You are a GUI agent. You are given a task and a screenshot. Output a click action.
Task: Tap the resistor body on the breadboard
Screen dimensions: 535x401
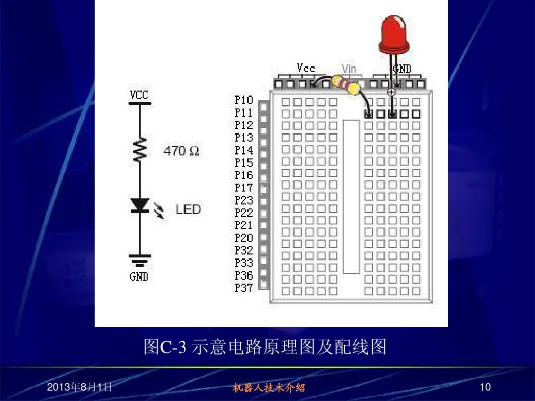(x=345, y=84)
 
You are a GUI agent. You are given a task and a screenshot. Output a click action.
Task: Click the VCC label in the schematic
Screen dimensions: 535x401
(x=139, y=95)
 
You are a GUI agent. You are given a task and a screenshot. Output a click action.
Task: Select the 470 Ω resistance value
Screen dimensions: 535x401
(x=181, y=151)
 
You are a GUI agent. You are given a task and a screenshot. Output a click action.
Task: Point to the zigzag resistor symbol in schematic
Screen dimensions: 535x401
(x=140, y=150)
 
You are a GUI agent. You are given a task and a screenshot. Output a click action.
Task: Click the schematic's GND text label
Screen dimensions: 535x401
(x=139, y=277)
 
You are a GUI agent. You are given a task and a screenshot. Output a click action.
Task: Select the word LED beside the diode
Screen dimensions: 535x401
(x=188, y=209)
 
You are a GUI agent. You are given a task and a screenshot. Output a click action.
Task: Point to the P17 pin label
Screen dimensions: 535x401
(x=243, y=188)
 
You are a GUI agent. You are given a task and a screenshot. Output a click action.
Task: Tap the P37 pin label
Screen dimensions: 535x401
(x=243, y=288)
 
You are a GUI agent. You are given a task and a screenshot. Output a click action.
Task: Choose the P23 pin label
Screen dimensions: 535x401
(x=243, y=200)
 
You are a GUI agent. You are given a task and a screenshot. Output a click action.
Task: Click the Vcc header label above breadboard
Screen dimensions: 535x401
(x=306, y=68)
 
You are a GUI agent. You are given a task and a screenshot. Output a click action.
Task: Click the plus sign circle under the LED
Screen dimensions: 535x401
(x=392, y=92)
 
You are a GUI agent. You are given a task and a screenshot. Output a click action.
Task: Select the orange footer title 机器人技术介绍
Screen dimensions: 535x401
(x=268, y=388)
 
